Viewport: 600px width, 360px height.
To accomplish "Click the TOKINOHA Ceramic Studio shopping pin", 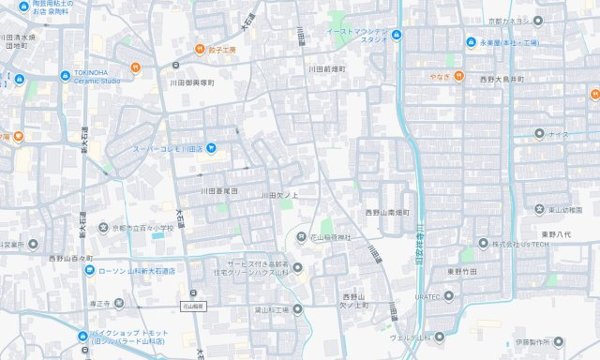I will tap(65, 76).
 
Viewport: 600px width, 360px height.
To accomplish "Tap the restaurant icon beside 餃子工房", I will tap(199, 50).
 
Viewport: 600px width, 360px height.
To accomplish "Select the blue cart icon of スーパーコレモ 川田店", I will tap(212, 147).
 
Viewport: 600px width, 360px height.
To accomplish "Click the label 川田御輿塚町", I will tap(187, 82).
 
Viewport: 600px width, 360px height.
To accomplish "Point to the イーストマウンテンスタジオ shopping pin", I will tap(396, 37).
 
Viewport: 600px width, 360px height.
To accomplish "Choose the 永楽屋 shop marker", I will tap(471, 42).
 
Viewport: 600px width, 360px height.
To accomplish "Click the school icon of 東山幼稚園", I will tap(539, 209).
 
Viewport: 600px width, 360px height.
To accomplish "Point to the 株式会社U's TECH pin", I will tap(469, 244).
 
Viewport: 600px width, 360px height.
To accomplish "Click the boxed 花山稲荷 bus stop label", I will tap(193, 306).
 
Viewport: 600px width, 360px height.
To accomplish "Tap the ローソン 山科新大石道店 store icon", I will tap(88, 271).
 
